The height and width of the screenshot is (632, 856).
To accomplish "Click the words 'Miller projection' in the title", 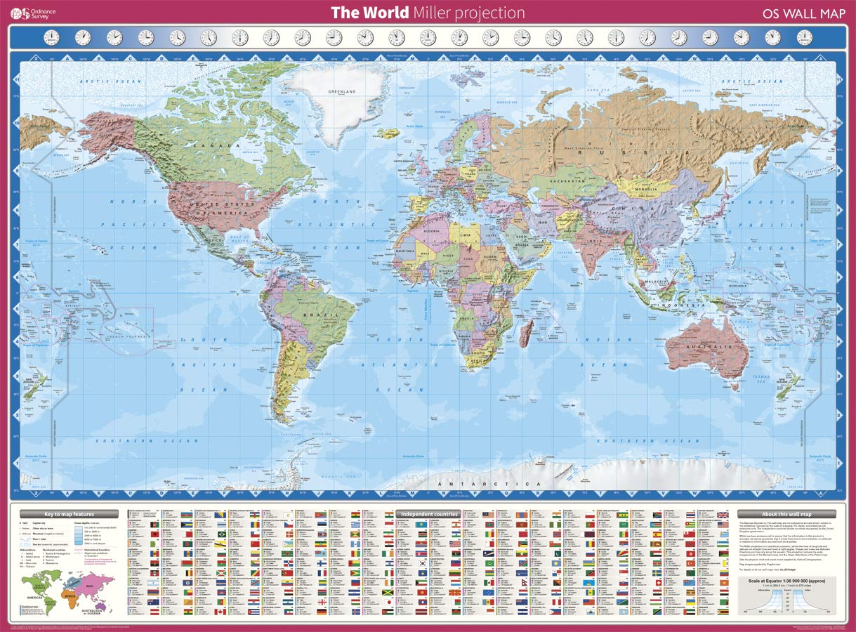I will [468, 13].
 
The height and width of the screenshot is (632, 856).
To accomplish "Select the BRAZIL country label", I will [313, 315].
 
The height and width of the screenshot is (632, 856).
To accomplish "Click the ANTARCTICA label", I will [489, 484].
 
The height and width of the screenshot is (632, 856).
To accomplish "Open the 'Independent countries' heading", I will [428, 514].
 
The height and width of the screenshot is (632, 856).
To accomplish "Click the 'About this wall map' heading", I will [786, 514].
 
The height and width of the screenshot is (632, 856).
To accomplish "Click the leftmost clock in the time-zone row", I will [51, 37].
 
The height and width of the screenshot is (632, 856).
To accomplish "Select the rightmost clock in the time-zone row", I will [804, 37].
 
